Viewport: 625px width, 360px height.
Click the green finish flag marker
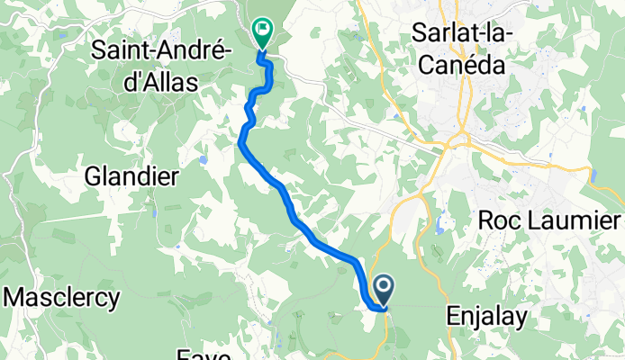262,32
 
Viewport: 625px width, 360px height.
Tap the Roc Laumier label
549,220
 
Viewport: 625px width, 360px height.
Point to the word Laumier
574,220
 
